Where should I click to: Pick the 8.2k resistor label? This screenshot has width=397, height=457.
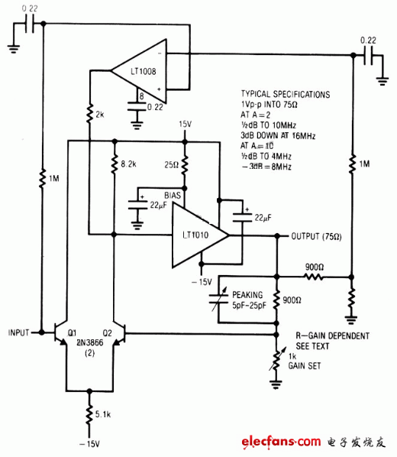point(129,163)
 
